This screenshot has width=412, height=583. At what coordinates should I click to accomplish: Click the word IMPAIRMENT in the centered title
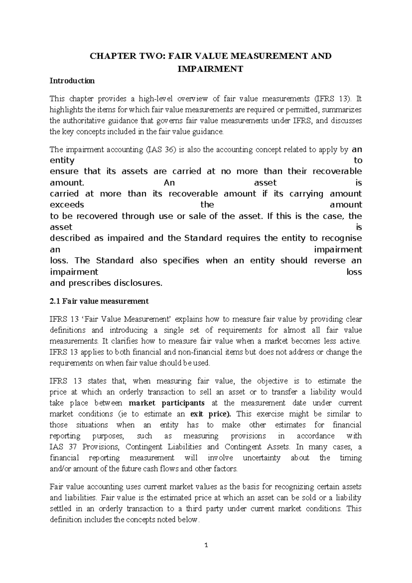pos(210,69)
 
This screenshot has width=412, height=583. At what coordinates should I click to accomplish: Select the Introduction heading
pos(72,81)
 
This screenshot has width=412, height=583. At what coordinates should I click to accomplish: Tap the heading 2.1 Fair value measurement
pos(99,301)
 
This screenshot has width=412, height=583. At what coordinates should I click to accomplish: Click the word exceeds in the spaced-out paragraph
pos(67,205)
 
